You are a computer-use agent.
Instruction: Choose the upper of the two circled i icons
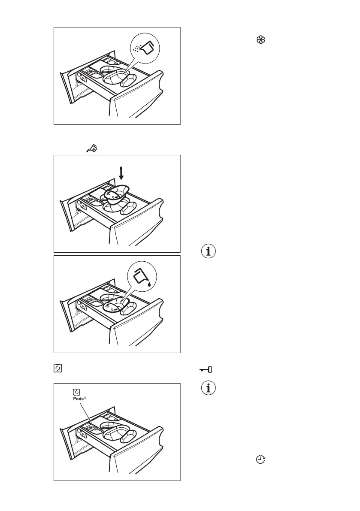click(209, 252)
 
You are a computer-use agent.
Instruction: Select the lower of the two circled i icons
click(209, 389)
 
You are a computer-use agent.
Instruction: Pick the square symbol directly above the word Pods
click(77, 392)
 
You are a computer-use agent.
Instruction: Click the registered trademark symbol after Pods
click(85, 398)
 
